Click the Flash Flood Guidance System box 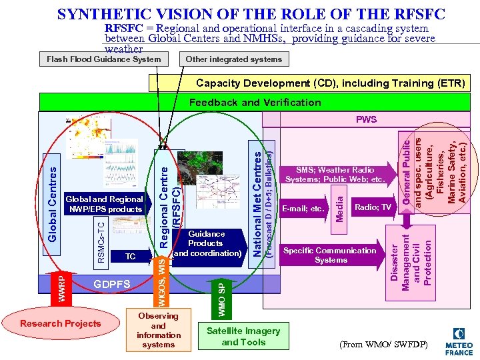(103, 59)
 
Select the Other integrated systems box (233, 59)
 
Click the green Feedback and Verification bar (255, 103)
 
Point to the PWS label (366, 120)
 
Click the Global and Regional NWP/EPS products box (104, 204)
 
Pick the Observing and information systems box (158, 330)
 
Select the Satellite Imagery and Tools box (244, 337)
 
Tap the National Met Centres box (257, 201)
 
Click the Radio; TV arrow (373, 208)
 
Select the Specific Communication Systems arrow (330, 255)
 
